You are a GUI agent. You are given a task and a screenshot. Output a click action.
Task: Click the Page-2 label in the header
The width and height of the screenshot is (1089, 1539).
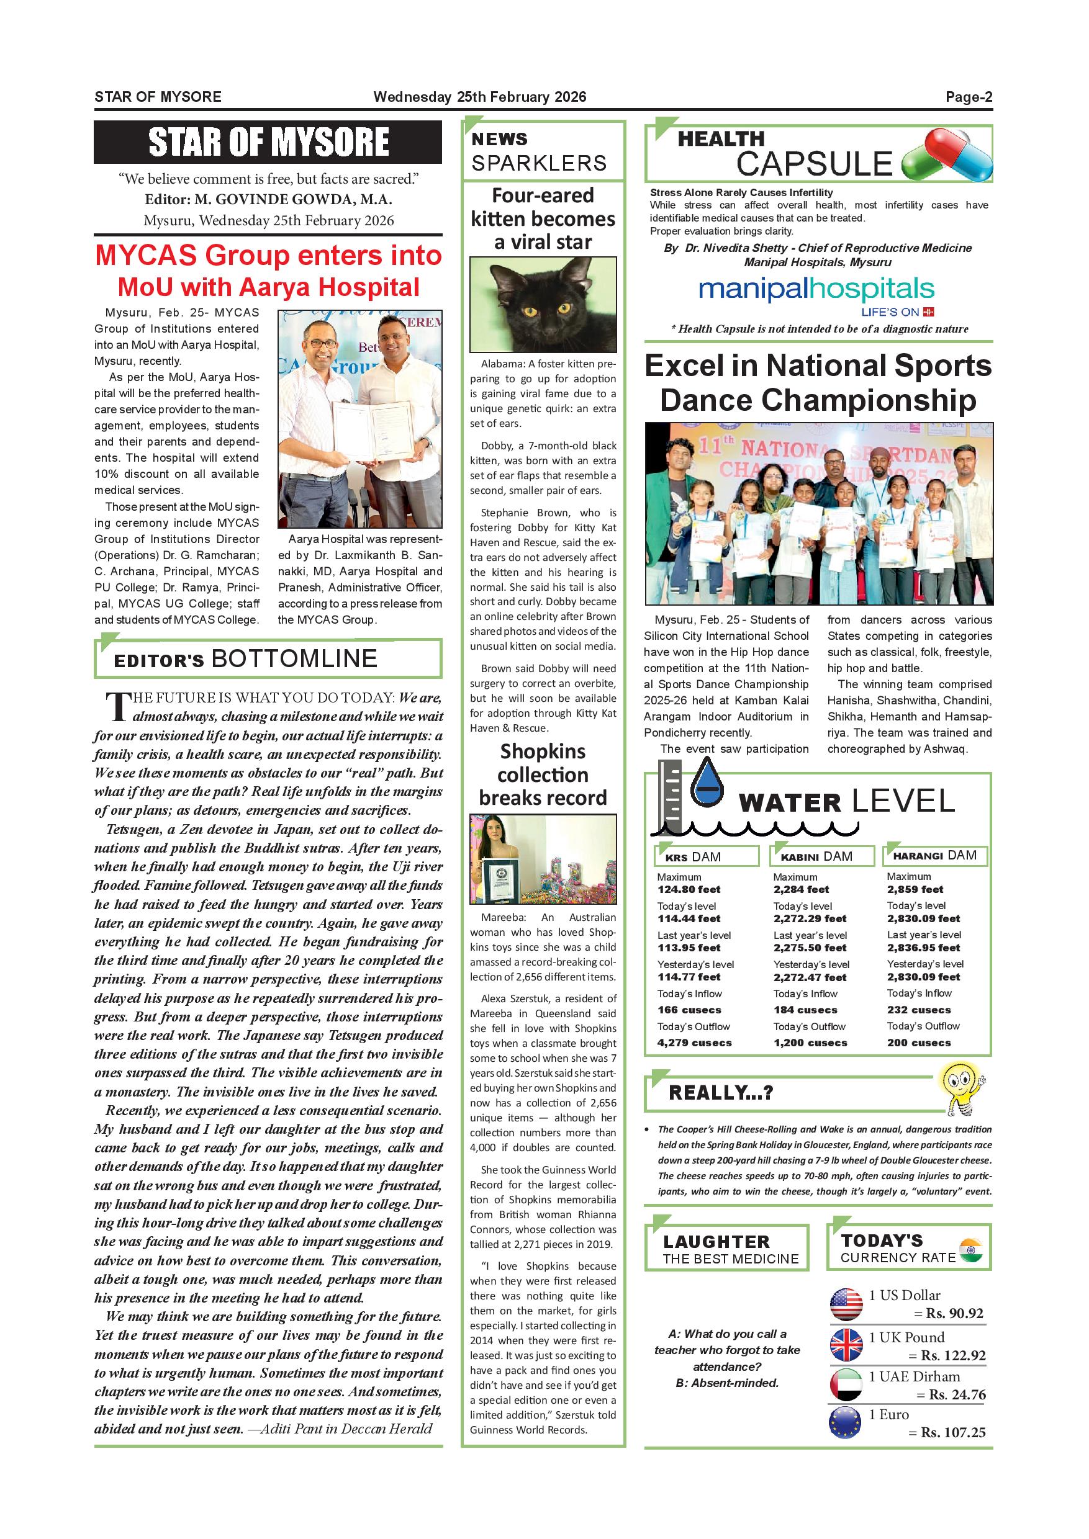(969, 97)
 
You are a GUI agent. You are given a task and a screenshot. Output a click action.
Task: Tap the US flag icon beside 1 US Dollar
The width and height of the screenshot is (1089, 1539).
(846, 1304)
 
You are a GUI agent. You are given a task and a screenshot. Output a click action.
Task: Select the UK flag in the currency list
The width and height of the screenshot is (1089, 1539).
(846, 1345)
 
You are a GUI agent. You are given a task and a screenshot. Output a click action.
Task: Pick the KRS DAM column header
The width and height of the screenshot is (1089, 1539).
(706, 856)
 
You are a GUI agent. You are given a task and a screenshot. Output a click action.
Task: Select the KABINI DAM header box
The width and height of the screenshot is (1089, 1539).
(823, 856)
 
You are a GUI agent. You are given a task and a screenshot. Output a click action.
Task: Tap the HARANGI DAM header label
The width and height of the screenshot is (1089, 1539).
(935, 855)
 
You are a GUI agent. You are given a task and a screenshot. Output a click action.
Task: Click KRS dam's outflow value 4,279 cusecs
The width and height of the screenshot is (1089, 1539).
(694, 1043)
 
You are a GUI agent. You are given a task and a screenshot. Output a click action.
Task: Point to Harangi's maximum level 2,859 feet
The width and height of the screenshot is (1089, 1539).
(915, 889)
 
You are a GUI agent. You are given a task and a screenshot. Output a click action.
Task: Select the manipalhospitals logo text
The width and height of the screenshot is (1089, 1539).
(815, 290)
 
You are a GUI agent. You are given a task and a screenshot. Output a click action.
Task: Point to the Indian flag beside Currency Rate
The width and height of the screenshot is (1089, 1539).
(970, 1252)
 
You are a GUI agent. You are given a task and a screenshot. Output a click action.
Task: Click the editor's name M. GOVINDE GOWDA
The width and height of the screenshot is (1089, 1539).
(293, 200)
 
